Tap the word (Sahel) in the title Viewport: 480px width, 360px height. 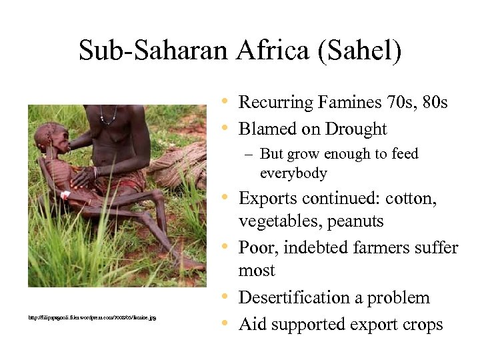pyautogui.click(x=361, y=51)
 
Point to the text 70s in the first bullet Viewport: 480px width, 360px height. pyautogui.click(x=397, y=103)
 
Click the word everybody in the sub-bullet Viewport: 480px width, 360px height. pyautogui.click(x=293, y=173)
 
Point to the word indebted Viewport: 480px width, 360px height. pyautogui.click(x=315, y=248)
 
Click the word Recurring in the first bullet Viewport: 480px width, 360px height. pyautogui.click(x=274, y=103)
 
